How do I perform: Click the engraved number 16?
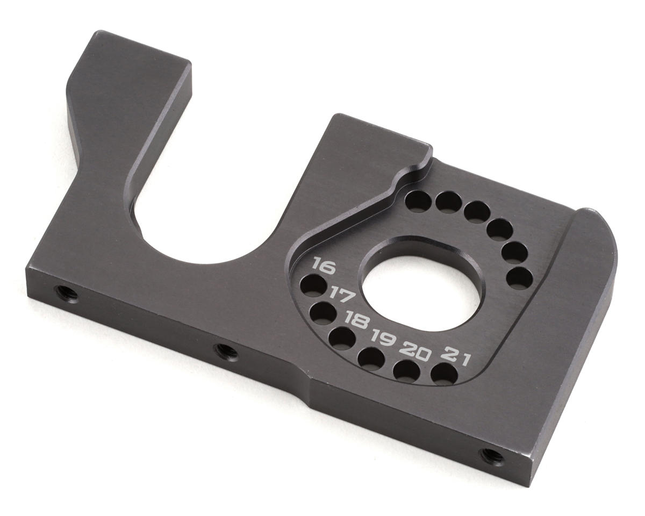[x=324, y=266]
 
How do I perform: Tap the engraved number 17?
[x=341, y=294]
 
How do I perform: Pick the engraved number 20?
[x=415, y=352]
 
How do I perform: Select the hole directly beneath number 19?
[x=371, y=359]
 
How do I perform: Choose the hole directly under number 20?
[x=407, y=370]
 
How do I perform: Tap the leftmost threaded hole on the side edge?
[x=66, y=293]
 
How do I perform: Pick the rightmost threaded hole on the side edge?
[x=492, y=456]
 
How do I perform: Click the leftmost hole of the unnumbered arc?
[x=418, y=201]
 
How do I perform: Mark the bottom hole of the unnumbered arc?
[x=519, y=278]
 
